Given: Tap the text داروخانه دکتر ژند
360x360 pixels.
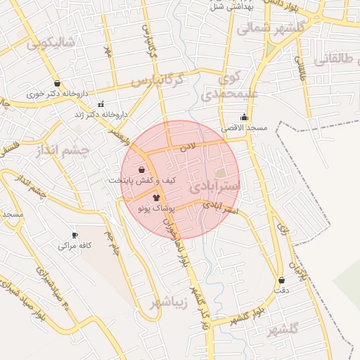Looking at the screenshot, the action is click(105, 114).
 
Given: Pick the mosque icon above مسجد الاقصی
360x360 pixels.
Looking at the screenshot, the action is click(244, 117).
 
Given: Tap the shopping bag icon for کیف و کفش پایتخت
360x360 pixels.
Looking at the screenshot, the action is click(142, 169).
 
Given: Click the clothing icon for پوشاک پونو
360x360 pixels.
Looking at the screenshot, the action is click(156, 198).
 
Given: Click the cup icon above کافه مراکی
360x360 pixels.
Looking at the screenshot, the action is click(75, 235).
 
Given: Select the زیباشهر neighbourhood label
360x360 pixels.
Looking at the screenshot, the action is click(168, 303).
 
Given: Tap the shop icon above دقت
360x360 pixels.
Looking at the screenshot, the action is click(281, 280).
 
